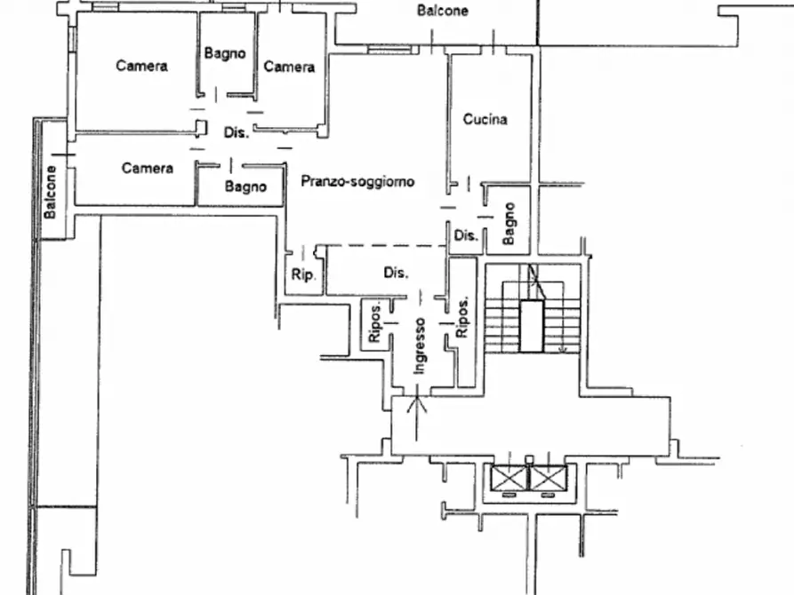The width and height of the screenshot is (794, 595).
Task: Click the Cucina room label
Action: tap(485, 119)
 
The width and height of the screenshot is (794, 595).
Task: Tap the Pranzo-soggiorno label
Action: tap(357, 181)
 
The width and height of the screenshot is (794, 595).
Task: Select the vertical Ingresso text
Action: tap(420, 346)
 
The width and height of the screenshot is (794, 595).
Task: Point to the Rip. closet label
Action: tap(303, 274)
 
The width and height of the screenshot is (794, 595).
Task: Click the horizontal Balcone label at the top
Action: tap(442, 11)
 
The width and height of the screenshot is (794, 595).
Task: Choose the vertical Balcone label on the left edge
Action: tap(50, 192)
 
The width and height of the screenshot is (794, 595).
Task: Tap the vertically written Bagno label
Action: tap(509, 224)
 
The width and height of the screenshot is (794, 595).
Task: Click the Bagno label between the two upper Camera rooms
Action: tap(225, 53)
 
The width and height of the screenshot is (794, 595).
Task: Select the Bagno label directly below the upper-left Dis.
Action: tap(245, 186)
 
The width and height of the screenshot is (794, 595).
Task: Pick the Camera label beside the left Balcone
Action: tap(148, 168)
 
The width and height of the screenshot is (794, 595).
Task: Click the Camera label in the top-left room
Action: tap(141, 66)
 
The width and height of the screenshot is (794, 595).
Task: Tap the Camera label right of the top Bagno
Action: tap(289, 67)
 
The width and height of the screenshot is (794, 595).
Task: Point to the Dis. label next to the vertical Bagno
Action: tap(466, 235)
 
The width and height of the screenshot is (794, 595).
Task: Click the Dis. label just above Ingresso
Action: tap(396, 273)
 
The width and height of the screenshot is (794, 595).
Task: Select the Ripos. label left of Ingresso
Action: tap(374, 323)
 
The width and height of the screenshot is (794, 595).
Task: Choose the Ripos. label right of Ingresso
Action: tap(461, 317)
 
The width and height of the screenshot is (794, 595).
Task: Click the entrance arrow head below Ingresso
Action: tap(417, 400)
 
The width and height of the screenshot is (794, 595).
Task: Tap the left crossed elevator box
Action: tap(510, 478)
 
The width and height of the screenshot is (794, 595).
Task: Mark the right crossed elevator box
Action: tap(548, 478)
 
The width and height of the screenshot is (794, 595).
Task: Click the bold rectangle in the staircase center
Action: tap(532, 326)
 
